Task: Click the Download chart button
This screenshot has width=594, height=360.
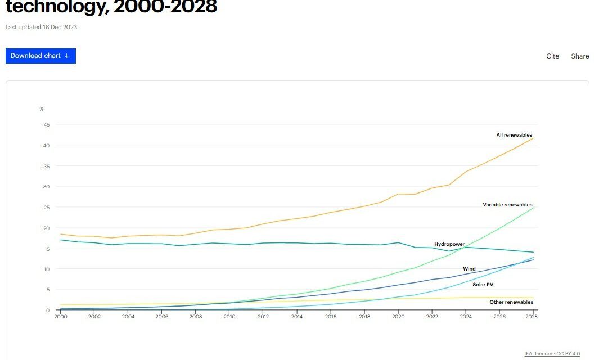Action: (x=40, y=56)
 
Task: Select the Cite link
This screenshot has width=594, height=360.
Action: (x=552, y=56)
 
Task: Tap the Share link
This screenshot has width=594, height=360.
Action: (x=580, y=56)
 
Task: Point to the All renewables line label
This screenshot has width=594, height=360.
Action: (x=514, y=135)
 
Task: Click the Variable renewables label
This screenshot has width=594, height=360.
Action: (x=507, y=205)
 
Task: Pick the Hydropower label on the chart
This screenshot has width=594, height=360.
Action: (x=449, y=244)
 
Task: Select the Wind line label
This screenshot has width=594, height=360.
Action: (x=469, y=269)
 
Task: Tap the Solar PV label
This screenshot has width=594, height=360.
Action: (x=483, y=285)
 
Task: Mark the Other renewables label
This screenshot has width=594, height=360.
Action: (x=511, y=302)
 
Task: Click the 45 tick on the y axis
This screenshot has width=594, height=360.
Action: (x=46, y=125)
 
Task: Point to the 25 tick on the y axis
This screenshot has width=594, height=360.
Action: (x=46, y=207)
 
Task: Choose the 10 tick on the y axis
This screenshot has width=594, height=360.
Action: (x=46, y=269)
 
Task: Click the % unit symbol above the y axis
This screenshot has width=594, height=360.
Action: (x=42, y=109)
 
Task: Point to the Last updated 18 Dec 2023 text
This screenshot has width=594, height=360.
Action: (x=41, y=27)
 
